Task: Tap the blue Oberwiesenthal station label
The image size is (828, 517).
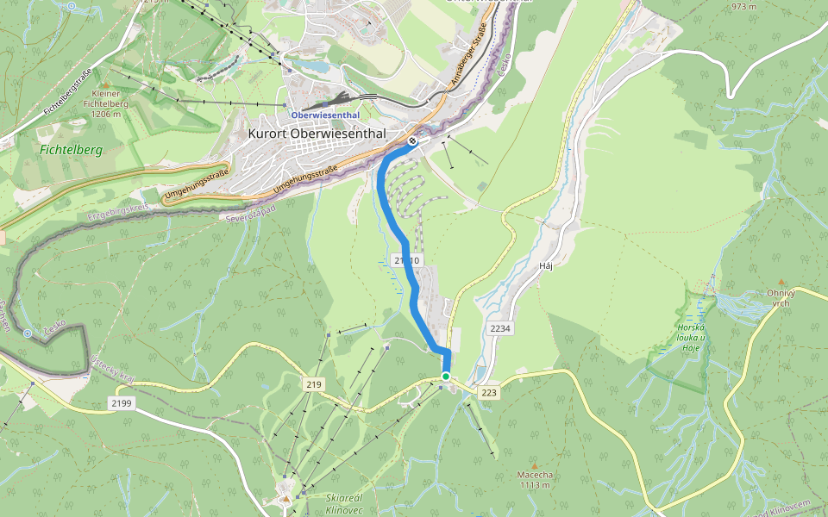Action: click(324, 115)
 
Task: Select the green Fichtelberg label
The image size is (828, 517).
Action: click(71, 150)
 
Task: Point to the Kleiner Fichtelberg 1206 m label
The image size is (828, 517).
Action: click(106, 103)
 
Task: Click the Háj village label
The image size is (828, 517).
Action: click(544, 265)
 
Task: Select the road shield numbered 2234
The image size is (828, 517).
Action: click(499, 329)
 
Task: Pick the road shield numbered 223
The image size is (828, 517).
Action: click(489, 393)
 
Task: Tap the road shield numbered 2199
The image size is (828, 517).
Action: click(122, 402)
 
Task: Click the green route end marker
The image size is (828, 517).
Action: click(446, 377)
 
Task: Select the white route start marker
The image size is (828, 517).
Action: click(414, 140)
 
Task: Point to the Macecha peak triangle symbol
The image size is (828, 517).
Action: click(534, 465)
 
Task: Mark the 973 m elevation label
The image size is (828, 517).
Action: click(743, 7)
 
